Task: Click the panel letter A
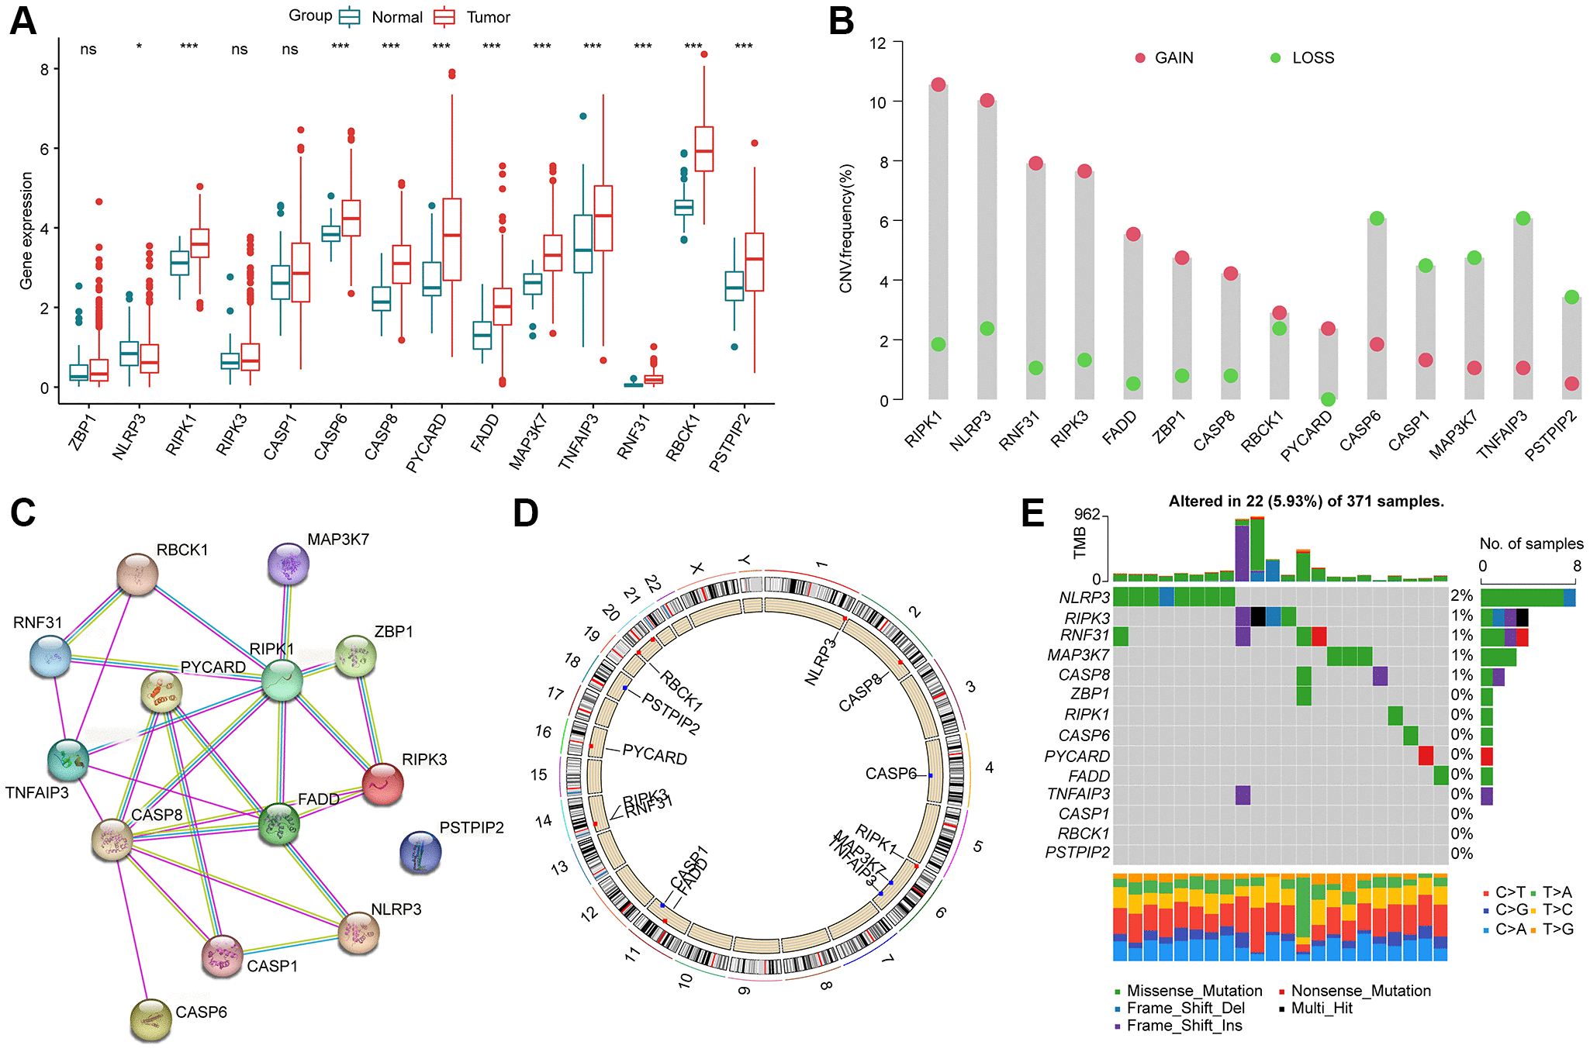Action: (x=22, y=21)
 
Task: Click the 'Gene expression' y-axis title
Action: (x=26, y=231)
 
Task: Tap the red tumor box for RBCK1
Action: (x=704, y=149)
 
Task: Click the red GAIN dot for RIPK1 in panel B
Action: (x=938, y=85)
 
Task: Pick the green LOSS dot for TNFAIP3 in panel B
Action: (x=1523, y=219)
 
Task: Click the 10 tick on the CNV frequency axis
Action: (x=877, y=102)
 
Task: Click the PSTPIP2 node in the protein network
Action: (x=420, y=852)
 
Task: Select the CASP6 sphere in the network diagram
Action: (x=151, y=1019)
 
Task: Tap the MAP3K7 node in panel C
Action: (x=289, y=564)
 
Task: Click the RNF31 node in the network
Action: (x=50, y=656)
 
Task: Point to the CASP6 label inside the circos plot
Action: (x=890, y=774)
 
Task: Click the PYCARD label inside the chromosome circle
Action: (x=655, y=754)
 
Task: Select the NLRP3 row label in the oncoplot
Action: (x=1084, y=597)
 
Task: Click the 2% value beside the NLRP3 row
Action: (x=1462, y=595)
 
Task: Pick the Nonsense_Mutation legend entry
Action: (x=1360, y=991)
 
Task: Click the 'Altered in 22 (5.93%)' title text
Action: (x=1306, y=502)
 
